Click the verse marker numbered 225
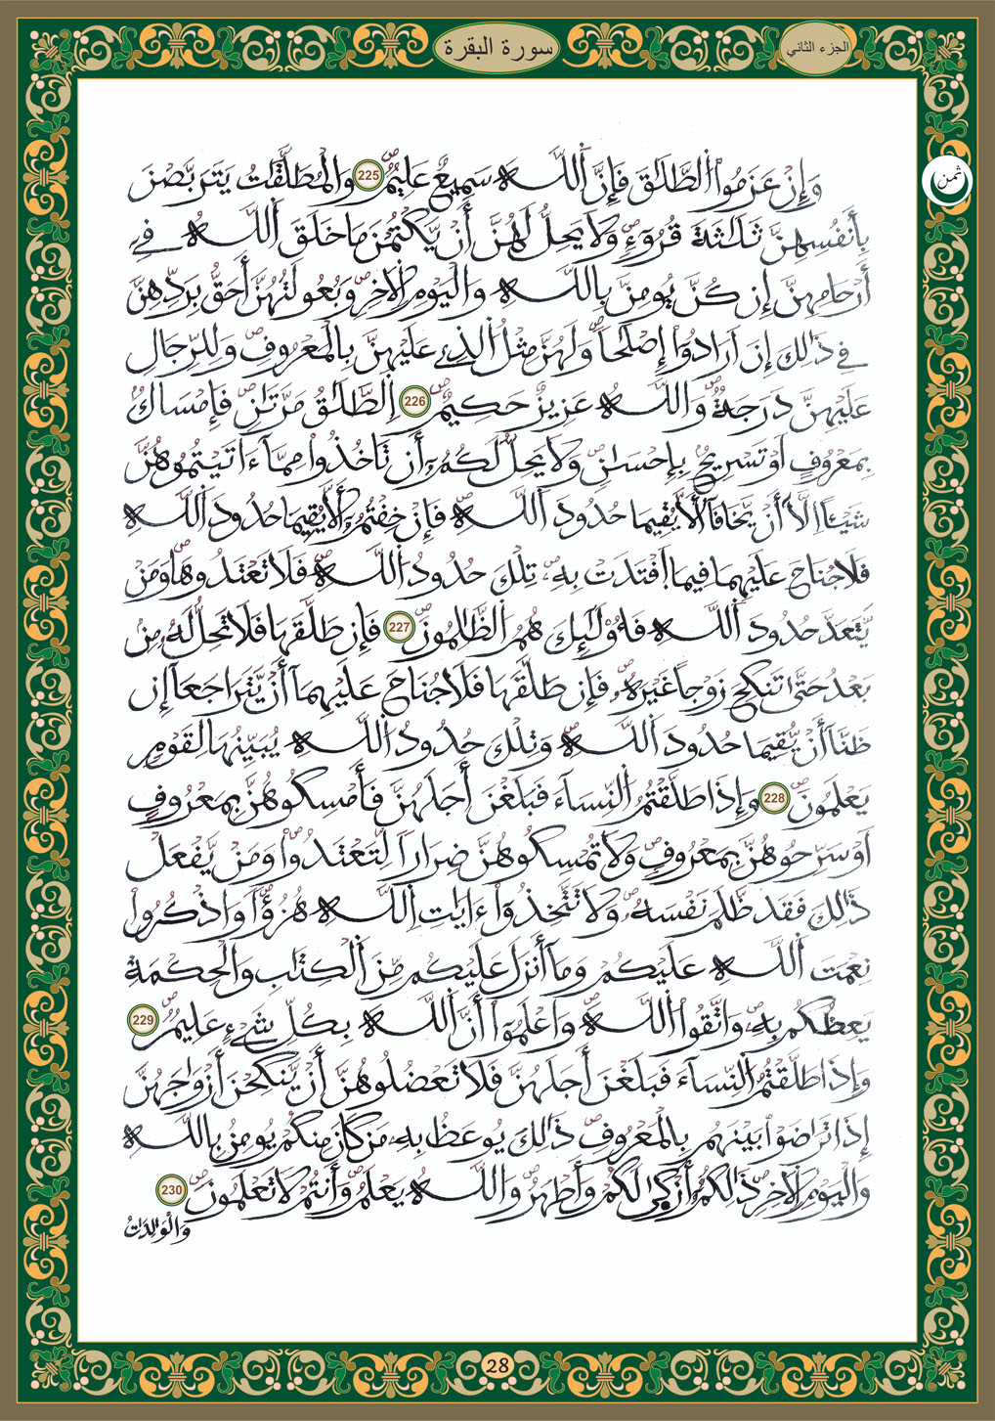[x=368, y=177]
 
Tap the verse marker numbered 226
[x=414, y=402]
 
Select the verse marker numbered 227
[x=398, y=629]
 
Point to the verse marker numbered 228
[x=775, y=799]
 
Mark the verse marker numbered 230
[x=171, y=1190]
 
